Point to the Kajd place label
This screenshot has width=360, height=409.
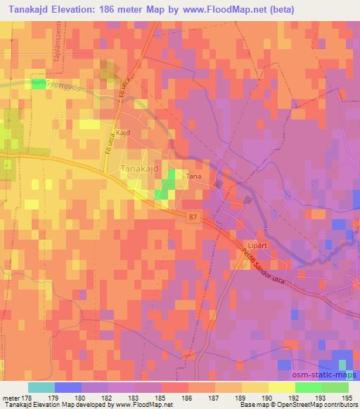[124, 131]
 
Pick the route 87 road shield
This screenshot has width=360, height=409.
[193, 219]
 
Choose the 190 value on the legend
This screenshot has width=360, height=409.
[269, 397]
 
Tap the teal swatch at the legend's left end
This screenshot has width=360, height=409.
[41, 387]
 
